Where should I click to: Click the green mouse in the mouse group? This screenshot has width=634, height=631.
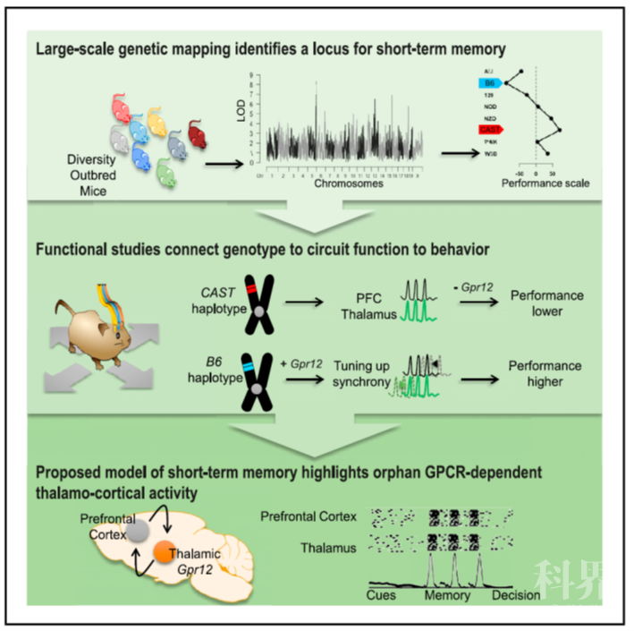tap(165, 169)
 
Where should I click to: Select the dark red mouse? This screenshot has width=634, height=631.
tap(199, 136)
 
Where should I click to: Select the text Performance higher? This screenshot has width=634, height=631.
tap(545, 374)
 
